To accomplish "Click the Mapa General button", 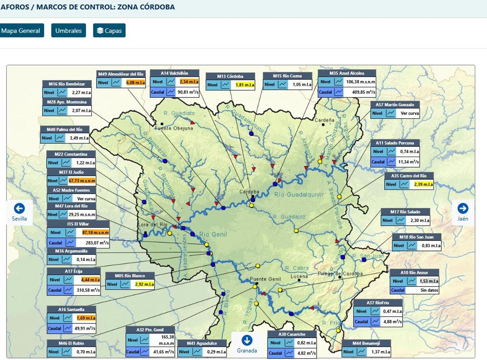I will [x=21, y=30].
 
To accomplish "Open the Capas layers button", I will [x=109, y=30].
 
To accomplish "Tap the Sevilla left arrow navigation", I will [x=19, y=212].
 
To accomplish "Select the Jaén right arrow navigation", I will [x=463, y=212].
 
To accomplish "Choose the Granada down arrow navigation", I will [x=247, y=344].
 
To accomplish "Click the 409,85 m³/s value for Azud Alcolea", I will [x=359, y=92].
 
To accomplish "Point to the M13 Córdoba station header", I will [x=230, y=76].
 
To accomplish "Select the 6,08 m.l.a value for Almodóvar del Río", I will [x=136, y=82].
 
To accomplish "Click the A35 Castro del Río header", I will [x=409, y=176].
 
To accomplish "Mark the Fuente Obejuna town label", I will [x=175, y=128].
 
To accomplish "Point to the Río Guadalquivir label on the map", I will [x=299, y=194].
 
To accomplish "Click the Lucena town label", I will [x=299, y=277].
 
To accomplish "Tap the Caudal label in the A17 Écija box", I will [x=55, y=290].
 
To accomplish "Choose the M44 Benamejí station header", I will [x=366, y=343].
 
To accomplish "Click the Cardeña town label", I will [x=325, y=120].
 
